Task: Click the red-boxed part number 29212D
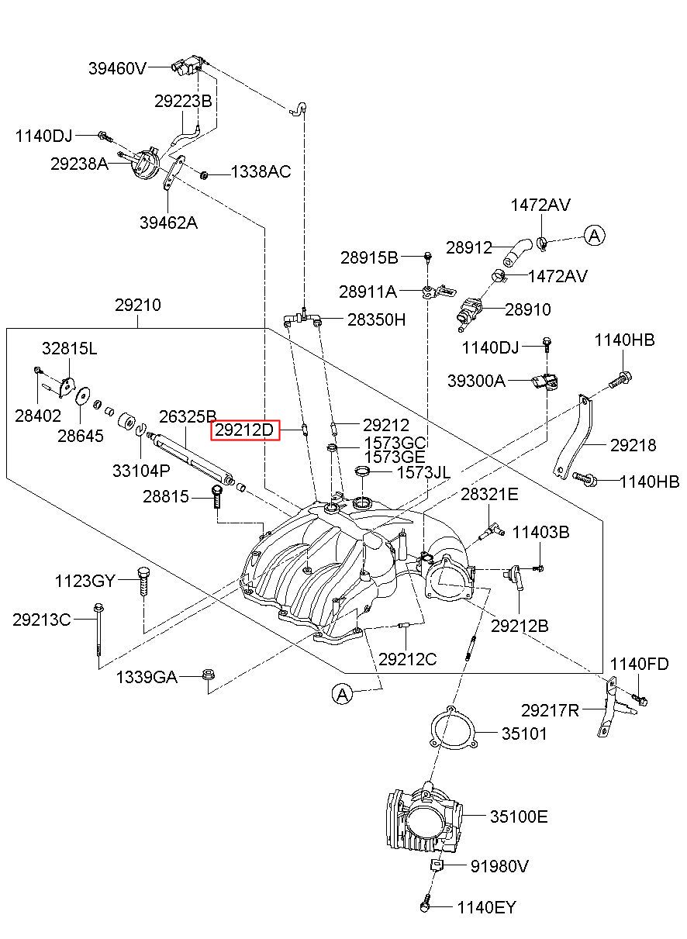coord(245,430)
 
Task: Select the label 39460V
coord(117,68)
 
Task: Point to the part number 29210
coord(138,305)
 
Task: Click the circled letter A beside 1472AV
coord(595,236)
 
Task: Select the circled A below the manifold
coord(343,695)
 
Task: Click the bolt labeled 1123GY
coord(143,582)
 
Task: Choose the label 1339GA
coord(147,677)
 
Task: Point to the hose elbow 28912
coord(518,251)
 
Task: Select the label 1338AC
coord(261,171)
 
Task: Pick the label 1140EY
coord(486,907)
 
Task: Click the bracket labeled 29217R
coord(613,708)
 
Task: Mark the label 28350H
coord(376,319)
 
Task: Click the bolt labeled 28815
coord(216,496)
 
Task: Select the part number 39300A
coord(476,381)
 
